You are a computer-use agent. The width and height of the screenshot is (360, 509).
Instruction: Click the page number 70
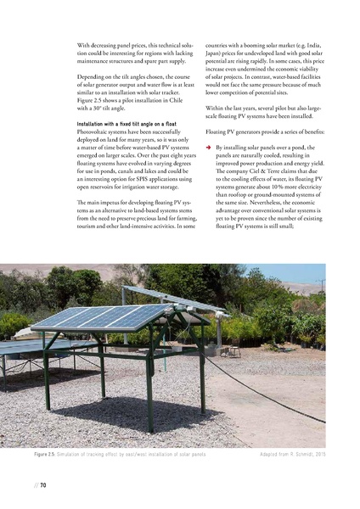(x=39, y=485)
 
